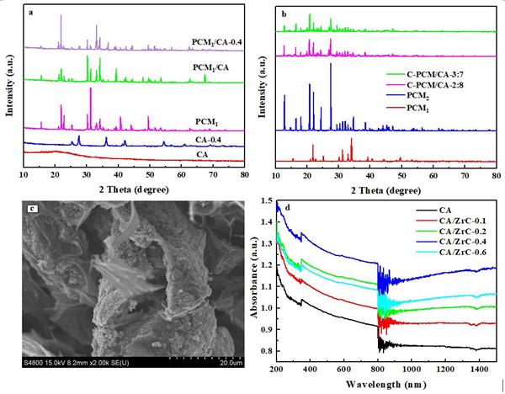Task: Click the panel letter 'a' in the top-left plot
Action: [33, 15]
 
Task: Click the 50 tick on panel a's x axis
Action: [150, 174]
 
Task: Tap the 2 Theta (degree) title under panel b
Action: [386, 188]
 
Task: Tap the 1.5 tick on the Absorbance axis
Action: [266, 202]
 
